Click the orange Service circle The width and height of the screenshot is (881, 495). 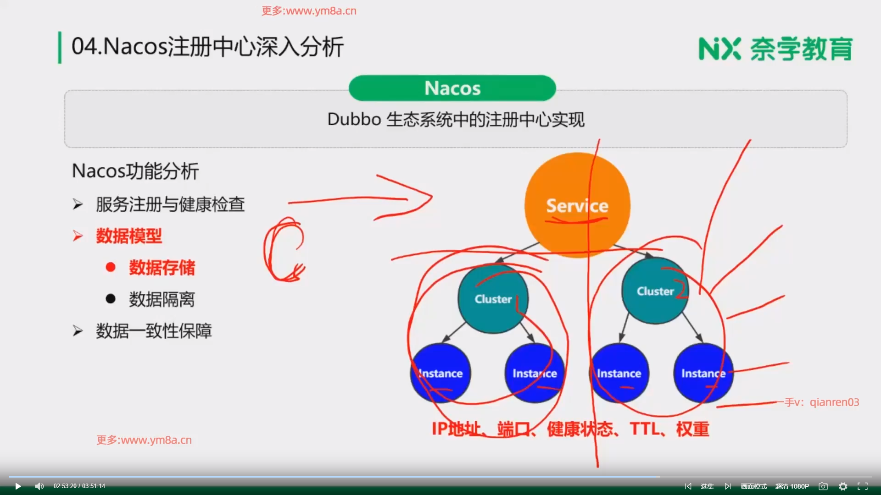click(577, 205)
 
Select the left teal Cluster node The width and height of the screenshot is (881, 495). click(493, 298)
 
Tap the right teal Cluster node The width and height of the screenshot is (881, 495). click(655, 291)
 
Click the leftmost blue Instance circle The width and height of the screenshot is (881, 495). click(440, 373)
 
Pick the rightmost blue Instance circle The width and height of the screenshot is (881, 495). click(703, 373)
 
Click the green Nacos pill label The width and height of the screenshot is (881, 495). click(452, 88)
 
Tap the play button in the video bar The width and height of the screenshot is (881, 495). click(18, 486)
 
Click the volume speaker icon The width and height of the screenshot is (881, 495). click(39, 486)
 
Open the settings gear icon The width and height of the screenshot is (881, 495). click(843, 486)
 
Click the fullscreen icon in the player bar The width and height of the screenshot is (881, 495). click(863, 486)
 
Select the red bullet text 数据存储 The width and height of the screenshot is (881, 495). click(162, 268)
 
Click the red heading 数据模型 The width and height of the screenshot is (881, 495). click(129, 236)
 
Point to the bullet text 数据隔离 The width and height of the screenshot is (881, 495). click(162, 299)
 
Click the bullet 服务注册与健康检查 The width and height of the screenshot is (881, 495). click(170, 204)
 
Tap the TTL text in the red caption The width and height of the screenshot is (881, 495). click(645, 429)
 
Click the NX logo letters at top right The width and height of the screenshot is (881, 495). click(719, 49)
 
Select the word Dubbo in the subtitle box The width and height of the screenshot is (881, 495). click(354, 119)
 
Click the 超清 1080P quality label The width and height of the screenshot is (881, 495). click(792, 486)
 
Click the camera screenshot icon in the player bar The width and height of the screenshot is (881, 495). click(823, 486)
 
